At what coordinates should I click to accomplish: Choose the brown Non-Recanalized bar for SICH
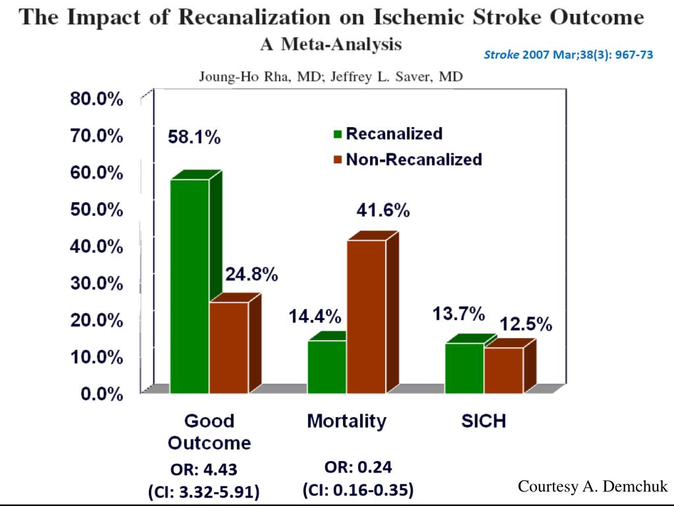coord(504,370)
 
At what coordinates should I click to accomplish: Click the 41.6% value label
coord(383,211)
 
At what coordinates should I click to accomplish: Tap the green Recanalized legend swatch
coord(338,134)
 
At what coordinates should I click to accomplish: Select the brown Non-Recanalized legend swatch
coord(338,159)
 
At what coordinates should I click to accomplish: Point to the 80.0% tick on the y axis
coord(97,99)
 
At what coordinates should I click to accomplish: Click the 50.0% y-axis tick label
coord(97,210)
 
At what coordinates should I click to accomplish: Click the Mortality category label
coord(347,421)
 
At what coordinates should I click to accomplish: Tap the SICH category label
coord(484,421)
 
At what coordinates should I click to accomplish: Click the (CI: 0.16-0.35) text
coord(357,491)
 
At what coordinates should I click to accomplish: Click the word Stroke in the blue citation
coord(502,55)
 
